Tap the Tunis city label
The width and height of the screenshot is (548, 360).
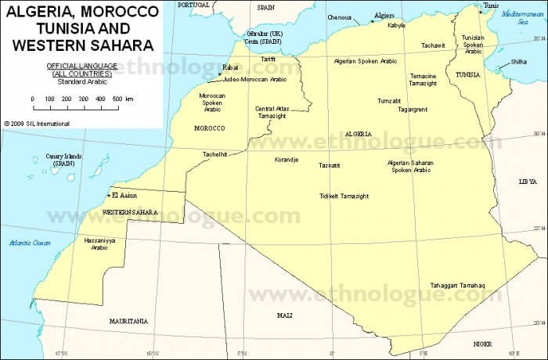point(491,5)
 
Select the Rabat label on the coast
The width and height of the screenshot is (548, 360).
point(230,68)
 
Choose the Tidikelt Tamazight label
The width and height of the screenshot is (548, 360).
point(344,196)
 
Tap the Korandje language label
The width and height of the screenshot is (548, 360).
point(286,160)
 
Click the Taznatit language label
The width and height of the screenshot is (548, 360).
point(330,165)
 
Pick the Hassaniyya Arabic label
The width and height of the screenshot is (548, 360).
point(99,244)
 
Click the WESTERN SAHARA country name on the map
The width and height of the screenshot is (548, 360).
point(130,213)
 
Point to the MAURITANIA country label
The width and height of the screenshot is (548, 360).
point(128,321)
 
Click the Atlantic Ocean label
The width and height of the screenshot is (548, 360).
point(30,243)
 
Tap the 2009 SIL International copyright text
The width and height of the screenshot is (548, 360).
point(37,123)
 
